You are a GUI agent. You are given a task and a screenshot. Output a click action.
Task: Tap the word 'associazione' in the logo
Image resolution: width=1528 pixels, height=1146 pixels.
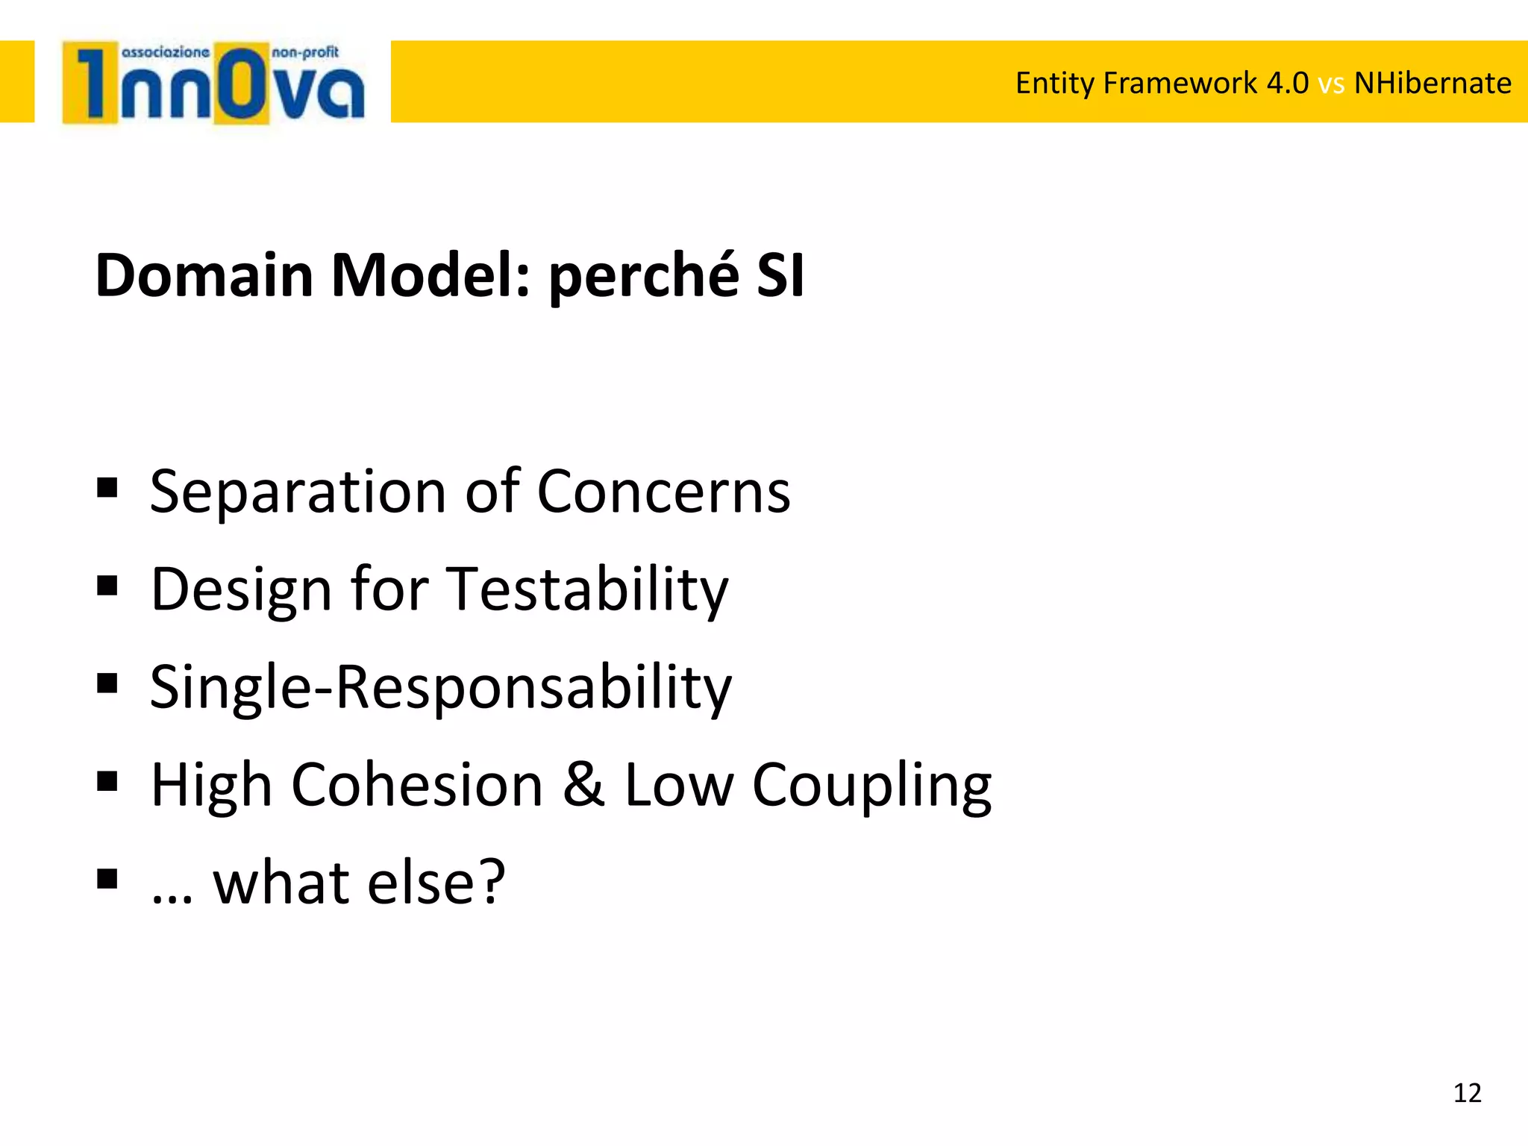(165, 52)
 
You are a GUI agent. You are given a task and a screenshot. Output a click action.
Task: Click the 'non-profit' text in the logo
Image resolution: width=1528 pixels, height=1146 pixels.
(305, 52)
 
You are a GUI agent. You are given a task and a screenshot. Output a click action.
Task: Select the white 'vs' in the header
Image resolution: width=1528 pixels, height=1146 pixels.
(1331, 84)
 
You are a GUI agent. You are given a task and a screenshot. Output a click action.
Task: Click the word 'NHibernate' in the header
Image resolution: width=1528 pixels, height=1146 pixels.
(1432, 83)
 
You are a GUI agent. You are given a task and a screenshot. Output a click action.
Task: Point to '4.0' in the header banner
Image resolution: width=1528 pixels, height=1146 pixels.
(1288, 83)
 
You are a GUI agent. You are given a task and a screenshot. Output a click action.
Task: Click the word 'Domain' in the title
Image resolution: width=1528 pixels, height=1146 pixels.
(204, 275)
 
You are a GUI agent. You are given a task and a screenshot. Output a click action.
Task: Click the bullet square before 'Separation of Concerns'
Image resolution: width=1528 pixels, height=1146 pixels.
(107, 488)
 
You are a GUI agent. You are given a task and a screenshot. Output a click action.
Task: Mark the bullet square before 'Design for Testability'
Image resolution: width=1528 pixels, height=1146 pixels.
(107, 586)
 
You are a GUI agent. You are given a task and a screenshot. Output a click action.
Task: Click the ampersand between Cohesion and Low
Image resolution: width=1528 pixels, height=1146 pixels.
(583, 784)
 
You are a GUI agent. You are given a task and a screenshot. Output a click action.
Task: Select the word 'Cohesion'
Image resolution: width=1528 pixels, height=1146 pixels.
(417, 785)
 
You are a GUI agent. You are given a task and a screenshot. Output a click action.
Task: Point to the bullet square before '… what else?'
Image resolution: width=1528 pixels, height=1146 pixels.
(107, 879)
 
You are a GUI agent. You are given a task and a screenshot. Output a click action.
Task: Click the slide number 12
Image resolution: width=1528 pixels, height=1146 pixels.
(1467, 1093)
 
